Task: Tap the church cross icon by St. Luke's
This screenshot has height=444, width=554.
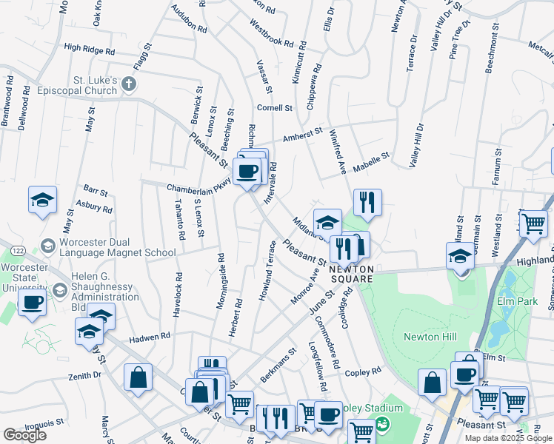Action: click(x=129, y=83)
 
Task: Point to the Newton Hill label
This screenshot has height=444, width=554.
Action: click(x=428, y=337)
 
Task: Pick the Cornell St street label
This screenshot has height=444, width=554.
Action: click(x=275, y=108)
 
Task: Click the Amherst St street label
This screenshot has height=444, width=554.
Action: click(x=304, y=135)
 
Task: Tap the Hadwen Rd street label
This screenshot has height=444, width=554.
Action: click(x=150, y=336)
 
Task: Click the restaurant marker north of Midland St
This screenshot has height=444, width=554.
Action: click(x=367, y=201)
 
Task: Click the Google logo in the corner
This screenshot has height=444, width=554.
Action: click(x=24, y=434)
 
